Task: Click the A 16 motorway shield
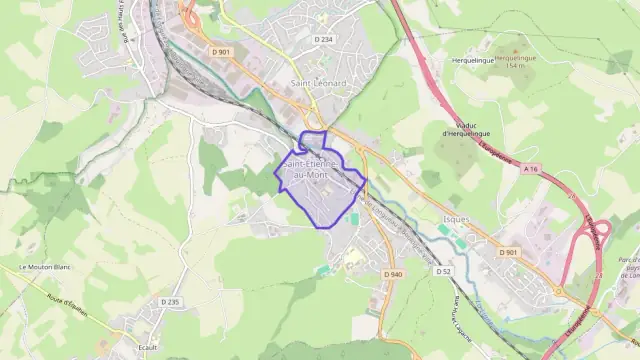(x=530, y=169)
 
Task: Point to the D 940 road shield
(x=392, y=274)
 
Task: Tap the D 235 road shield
(x=170, y=302)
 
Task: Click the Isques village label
(x=455, y=217)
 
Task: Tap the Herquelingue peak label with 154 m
(x=516, y=62)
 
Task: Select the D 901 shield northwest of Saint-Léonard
(x=221, y=52)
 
